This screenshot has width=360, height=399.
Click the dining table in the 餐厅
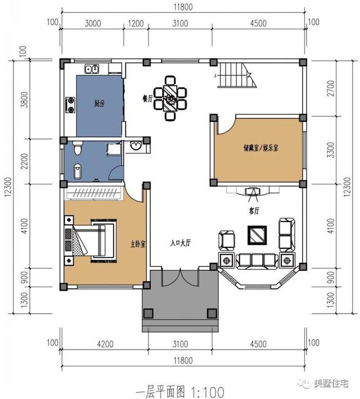[170, 98]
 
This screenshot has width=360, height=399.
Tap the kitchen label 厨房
[100, 103]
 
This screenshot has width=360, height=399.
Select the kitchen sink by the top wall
[92, 69]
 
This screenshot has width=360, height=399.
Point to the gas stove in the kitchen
[70, 105]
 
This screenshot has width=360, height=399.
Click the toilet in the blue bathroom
[78, 147]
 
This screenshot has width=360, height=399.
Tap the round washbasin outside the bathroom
[136, 146]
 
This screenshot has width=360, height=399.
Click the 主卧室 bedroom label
[138, 244]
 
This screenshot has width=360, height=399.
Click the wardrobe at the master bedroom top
[94, 193]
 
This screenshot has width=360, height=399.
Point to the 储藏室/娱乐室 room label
[260, 148]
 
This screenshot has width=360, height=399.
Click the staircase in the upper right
[236, 75]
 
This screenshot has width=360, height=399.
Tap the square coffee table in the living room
[257, 235]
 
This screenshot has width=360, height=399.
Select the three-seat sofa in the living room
[257, 261]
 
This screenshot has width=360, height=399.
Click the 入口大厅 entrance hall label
[181, 243]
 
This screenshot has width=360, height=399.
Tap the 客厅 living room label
[254, 211]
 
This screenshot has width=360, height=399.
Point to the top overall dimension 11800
[183, 7]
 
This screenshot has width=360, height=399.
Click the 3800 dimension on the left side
[25, 99]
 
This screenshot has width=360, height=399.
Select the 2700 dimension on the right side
[331, 88]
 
